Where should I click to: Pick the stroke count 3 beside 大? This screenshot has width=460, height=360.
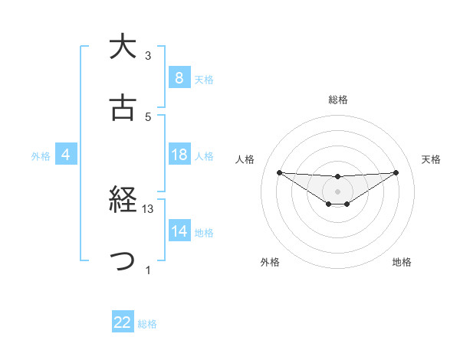point(148,55)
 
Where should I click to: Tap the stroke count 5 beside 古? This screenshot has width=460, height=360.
point(148,116)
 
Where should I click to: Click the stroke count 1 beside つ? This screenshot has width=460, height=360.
point(148,270)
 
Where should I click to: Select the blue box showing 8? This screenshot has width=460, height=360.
point(179,78)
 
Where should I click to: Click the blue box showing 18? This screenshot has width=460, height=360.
point(179,155)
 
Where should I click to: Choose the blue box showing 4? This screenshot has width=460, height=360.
point(66,155)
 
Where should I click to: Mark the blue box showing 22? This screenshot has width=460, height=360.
point(123,322)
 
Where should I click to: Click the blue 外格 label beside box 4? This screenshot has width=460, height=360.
point(41,155)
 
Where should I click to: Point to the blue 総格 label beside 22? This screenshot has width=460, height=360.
point(147,323)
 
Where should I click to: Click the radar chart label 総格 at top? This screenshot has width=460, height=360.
point(337,100)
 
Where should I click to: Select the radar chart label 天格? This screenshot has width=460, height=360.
point(431,159)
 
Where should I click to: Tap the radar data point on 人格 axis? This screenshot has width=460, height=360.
point(279,172)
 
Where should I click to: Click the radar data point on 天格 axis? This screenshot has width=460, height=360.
point(396,172)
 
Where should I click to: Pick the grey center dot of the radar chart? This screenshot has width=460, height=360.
point(337,191)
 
